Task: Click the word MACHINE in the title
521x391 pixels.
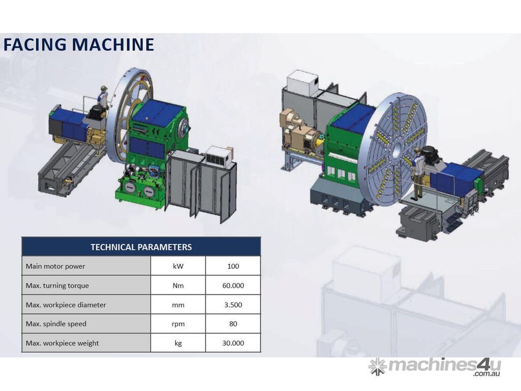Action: (x=113, y=45)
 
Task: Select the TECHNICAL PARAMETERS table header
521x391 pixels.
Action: (x=141, y=247)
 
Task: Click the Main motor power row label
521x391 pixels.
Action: (x=55, y=266)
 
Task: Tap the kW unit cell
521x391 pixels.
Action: (x=178, y=266)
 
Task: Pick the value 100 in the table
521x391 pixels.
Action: (x=233, y=266)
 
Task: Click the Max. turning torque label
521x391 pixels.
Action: (x=57, y=286)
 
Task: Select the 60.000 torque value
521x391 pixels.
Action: (x=233, y=285)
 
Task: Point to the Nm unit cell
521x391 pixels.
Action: (x=178, y=285)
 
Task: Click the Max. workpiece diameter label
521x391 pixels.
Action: (x=66, y=305)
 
